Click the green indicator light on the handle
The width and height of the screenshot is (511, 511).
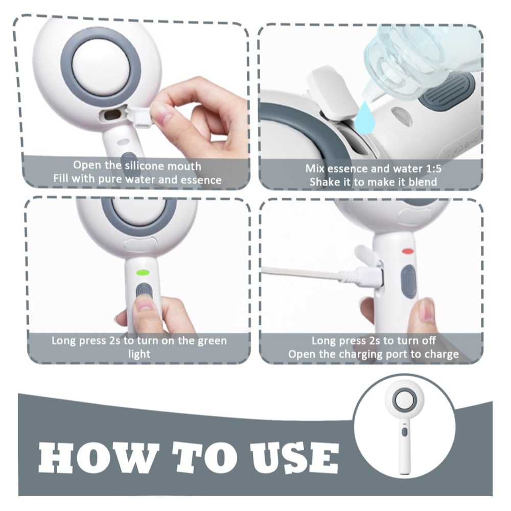(x=143, y=272)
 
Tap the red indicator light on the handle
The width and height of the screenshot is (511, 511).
(x=408, y=251)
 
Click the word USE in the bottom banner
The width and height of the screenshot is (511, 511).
(x=295, y=458)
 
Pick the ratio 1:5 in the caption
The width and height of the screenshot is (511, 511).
(x=434, y=169)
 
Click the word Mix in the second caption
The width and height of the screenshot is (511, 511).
(x=314, y=169)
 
